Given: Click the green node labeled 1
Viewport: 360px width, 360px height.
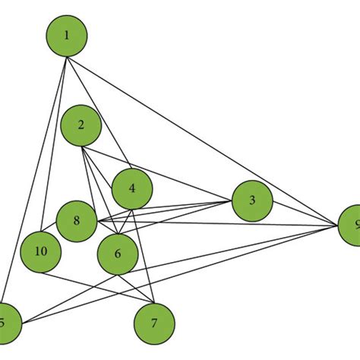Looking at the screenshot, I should click(67, 36).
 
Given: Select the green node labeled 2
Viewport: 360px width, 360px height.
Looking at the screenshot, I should click(81, 126).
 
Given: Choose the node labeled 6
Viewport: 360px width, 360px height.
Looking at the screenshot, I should click(117, 254).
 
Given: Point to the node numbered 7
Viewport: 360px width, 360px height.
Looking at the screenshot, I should click(154, 324).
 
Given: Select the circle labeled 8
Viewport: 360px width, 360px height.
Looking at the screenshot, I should click(76, 221).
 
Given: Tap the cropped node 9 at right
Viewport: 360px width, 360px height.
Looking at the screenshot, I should click(350, 226).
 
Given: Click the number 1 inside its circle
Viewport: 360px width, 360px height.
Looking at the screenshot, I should click(67, 36).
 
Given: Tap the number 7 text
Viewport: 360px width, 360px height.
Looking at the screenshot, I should click(154, 324).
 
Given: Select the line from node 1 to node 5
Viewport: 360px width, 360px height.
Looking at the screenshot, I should click(36, 179).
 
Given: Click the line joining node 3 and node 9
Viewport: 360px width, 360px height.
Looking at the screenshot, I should click(304, 213).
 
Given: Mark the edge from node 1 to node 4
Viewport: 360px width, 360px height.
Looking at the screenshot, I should click(99, 112).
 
